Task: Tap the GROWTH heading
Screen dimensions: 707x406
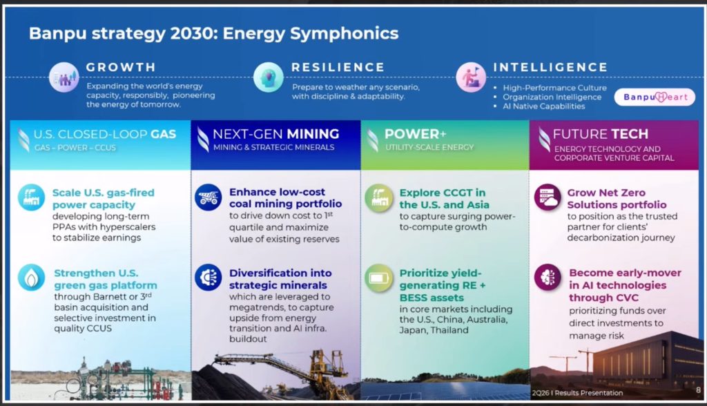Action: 122,67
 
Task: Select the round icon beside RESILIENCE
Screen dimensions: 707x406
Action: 269,77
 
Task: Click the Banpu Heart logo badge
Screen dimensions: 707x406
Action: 655,97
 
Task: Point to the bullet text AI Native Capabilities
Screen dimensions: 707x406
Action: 544,106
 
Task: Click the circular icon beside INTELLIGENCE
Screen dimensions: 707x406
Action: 471,77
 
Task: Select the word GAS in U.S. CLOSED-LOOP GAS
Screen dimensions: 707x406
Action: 163,135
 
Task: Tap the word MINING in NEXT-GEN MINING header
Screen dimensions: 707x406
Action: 313,134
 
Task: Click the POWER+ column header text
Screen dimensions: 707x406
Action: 415,134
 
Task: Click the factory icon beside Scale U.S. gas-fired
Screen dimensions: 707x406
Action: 31,197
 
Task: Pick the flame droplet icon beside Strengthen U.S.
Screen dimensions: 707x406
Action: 31,278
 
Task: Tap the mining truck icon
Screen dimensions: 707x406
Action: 209,197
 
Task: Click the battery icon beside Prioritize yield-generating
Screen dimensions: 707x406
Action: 379,278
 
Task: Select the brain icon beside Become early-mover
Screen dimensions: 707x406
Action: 548,277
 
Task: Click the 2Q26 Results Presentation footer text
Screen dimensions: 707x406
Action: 577,393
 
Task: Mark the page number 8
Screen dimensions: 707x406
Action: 699,390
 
